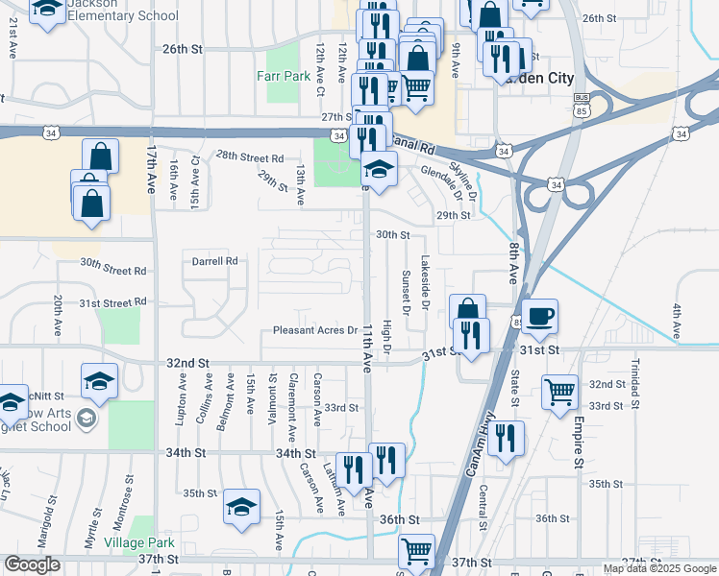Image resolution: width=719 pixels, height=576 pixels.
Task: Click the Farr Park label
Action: point(283,75)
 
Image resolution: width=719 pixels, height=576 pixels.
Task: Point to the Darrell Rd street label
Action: point(214,260)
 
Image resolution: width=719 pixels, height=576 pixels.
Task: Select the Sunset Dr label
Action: point(406,294)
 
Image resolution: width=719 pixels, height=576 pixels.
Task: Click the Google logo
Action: point(33,564)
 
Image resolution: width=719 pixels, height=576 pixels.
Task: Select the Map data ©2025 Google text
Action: point(658,568)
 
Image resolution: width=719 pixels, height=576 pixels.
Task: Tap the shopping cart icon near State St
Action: point(560,392)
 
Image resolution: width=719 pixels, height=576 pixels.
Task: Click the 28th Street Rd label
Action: point(250,156)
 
